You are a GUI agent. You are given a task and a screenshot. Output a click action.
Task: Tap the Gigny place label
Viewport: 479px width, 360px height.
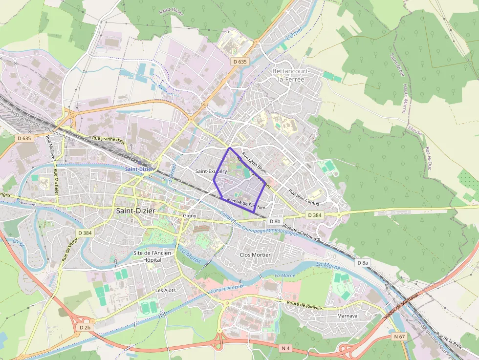click(x=189, y=215)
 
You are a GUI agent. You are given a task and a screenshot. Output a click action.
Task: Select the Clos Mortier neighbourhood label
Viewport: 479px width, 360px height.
click(x=255, y=254)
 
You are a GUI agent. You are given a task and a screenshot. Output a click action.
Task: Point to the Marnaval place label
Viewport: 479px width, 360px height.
click(x=349, y=316)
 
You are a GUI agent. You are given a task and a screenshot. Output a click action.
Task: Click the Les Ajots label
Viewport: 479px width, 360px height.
click(x=165, y=290)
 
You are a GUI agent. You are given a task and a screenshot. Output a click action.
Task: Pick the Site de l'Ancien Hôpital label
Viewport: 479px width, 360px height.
click(x=154, y=256)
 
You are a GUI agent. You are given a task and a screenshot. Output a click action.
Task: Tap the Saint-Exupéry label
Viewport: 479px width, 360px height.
click(x=211, y=171)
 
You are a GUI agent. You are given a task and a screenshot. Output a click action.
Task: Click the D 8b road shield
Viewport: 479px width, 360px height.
click(x=275, y=221)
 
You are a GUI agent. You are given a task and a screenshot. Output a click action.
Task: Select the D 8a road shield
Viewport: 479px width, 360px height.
click(x=362, y=263)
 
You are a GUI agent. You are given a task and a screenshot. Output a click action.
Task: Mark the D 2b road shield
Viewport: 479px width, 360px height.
click(x=85, y=327)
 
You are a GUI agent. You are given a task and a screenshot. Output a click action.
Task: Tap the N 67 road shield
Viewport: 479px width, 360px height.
click(x=399, y=337)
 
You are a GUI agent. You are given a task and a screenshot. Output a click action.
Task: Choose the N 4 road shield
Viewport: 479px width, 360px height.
click(x=286, y=348)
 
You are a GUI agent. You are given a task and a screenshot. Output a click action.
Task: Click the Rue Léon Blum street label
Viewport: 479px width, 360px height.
click(x=255, y=161)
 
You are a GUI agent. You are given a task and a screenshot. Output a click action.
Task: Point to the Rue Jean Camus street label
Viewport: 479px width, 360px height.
click(x=304, y=197)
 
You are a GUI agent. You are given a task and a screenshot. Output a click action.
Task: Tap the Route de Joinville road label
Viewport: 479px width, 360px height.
click(x=305, y=306)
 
